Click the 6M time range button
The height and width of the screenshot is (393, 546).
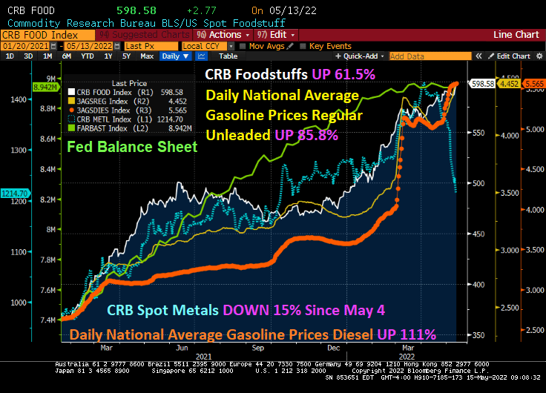pyautogui.click(x=67, y=56)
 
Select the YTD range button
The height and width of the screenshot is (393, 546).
pyautogui.click(x=88, y=56)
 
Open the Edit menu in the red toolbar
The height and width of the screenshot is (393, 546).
pyautogui.click(x=277, y=35)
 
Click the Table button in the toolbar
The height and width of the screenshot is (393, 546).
pyautogui.click(x=228, y=56)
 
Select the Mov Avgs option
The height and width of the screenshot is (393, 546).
pyautogui.click(x=266, y=46)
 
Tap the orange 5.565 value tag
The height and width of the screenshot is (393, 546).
pyautogui.click(x=533, y=84)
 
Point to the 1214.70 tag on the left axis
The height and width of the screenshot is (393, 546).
pyautogui.click(x=14, y=193)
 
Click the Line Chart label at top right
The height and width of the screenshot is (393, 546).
pyautogui.click(x=516, y=35)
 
